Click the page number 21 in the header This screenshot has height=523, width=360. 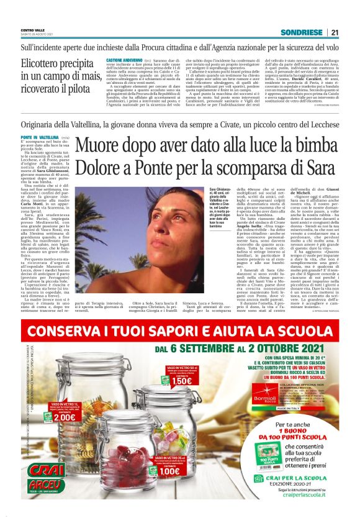point(335,32)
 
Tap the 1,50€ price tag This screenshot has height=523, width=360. point(180,381)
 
